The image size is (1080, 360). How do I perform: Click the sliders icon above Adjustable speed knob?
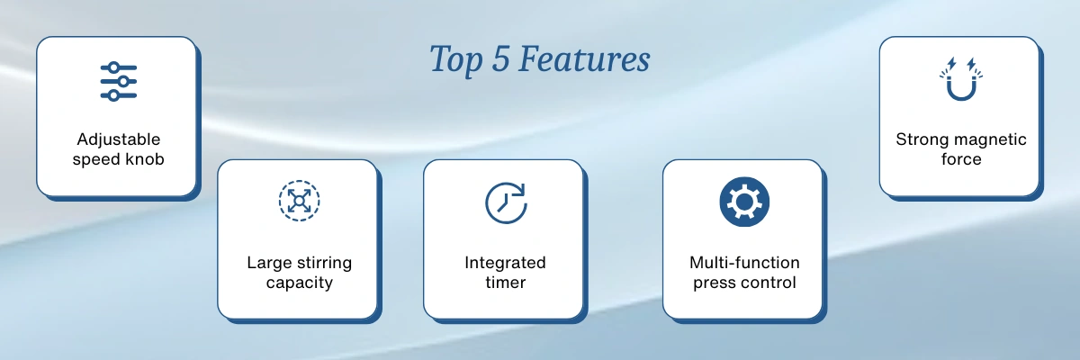point(119,81)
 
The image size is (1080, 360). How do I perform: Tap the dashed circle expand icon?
point(300,201)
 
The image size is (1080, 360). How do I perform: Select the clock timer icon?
point(506,202)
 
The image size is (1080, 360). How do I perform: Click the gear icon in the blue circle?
point(744,202)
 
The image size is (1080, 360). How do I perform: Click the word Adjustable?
point(119,139)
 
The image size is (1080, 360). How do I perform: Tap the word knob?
point(145,159)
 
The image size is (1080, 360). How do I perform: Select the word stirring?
point(324,263)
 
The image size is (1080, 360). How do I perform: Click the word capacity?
point(300,283)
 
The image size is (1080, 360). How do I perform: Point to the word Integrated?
point(505,263)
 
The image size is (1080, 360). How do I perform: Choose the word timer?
point(505,283)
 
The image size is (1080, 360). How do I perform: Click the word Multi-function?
point(744,263)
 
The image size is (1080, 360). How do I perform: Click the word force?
point(961,159)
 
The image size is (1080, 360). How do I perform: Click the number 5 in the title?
point(500,59)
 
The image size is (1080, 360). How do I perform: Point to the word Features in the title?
point(584,59)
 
